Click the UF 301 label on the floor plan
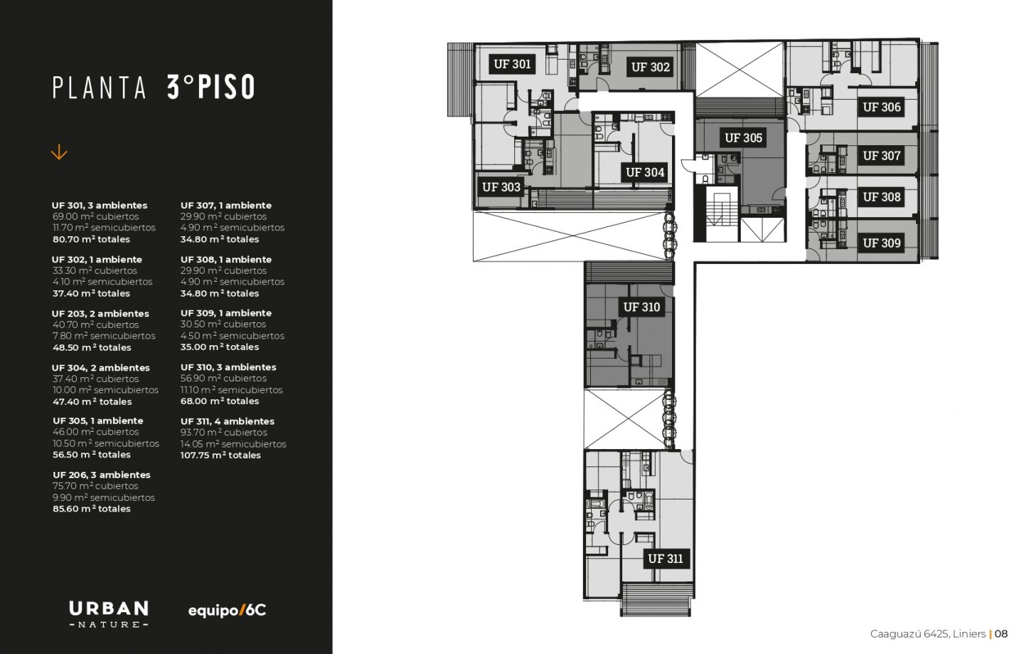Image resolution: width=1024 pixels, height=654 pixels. (512, 64)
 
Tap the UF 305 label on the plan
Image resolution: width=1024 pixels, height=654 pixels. (743, 137)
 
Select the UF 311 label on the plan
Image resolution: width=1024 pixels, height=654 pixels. (666, 559)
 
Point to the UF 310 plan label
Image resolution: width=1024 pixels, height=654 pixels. (641, 307)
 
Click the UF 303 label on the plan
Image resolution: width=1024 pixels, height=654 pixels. (501, 186)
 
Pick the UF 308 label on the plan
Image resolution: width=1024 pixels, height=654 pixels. (881, 197)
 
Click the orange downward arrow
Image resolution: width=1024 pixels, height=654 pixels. (59, 152)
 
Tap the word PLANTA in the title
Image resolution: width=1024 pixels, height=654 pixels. (100, 88)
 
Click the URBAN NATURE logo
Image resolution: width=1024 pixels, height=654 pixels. (109, 614)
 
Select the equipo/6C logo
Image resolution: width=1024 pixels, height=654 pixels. (227, 611)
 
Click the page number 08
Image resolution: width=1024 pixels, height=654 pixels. (1001, 634)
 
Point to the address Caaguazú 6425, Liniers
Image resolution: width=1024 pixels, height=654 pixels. (927, 634)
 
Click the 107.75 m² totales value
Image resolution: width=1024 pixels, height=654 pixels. (220, 455)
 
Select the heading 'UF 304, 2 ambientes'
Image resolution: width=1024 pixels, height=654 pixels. (100, 368)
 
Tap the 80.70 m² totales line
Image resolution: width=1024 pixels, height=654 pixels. (91, 239)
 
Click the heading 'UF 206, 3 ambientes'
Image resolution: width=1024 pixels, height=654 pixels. (101, 475)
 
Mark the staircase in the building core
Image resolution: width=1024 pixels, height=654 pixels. (722, 213)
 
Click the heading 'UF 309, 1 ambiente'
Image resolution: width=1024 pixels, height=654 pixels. (226, 313)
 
